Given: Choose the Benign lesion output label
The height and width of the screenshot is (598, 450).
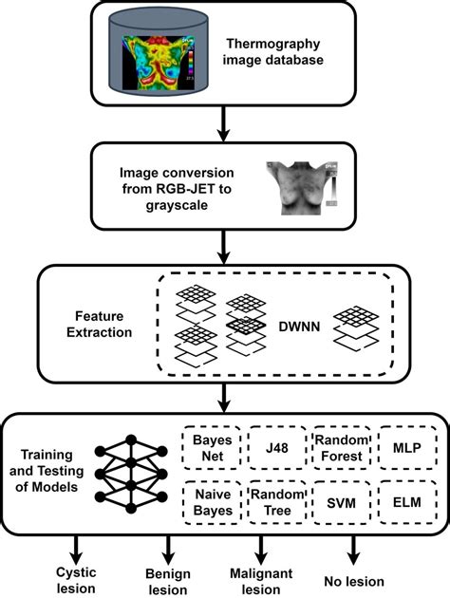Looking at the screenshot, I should [x=170, y=579].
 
